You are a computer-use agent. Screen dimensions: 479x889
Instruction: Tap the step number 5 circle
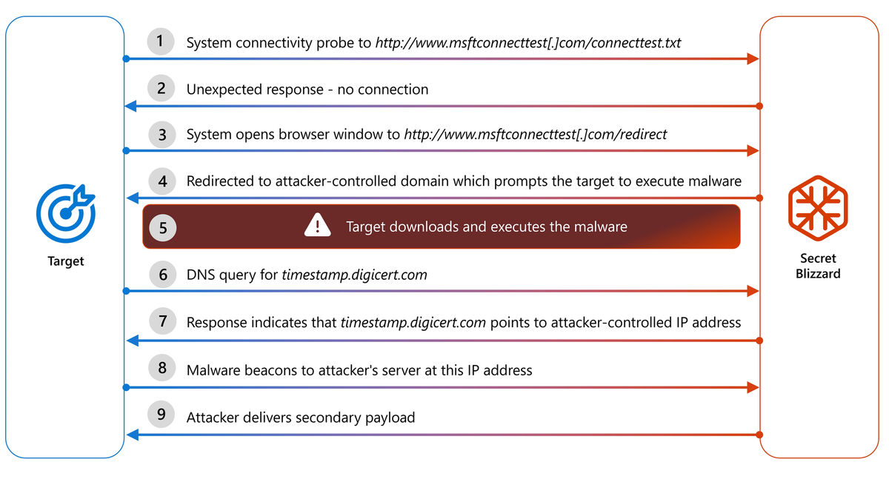click(163, 227)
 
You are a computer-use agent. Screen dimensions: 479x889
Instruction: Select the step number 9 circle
click(161, 415)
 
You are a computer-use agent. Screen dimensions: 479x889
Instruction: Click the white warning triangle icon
click(317, 225)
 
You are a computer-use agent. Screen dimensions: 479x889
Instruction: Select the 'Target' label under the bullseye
click(66, 261)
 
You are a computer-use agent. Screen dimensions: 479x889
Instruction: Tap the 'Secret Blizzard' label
click(818, 266)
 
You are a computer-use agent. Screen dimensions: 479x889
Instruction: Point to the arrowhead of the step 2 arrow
click(130, 107)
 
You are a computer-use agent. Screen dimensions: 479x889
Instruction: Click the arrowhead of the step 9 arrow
click(130, 434)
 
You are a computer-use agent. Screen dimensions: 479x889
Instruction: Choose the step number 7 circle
click(161, 321)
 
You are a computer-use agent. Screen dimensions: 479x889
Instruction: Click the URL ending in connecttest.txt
click(527, 43)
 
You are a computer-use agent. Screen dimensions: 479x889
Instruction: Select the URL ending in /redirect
click(535, 135)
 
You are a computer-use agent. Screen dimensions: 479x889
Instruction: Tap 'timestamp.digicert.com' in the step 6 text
click(354, 275)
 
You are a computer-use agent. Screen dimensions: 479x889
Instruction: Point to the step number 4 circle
click(161, 181)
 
